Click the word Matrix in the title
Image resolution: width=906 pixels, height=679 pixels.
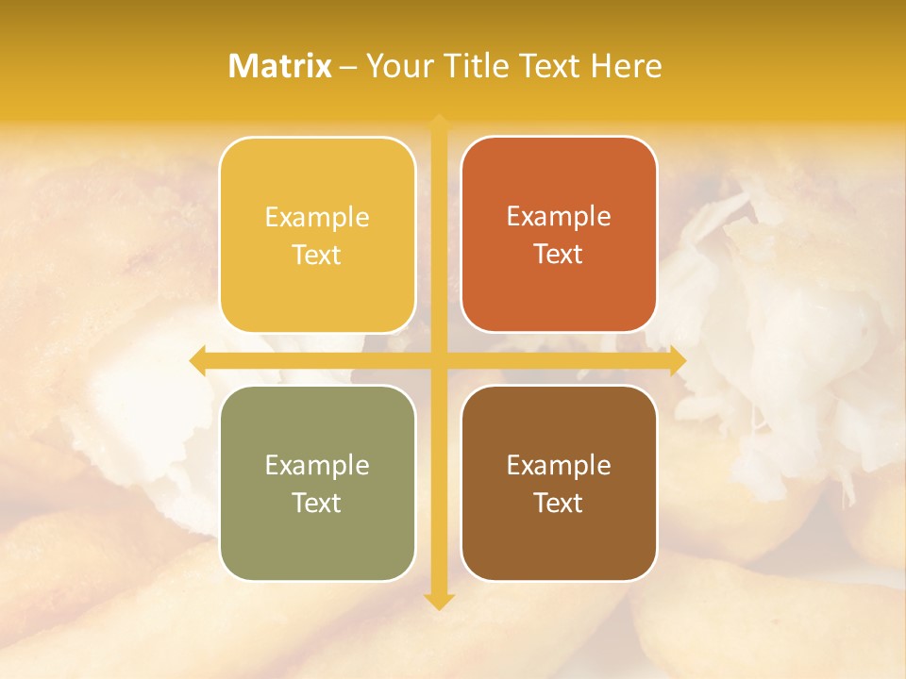(x=280, y=66)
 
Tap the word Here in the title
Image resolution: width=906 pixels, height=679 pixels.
(x=626, y=66)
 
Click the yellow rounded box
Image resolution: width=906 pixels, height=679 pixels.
(x=317, y=235)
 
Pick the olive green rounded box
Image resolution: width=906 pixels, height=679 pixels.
(x=317, y=483)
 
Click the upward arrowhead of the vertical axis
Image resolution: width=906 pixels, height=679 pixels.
(x=439, y=122)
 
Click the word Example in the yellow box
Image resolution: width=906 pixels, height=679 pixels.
(x=317, y=218)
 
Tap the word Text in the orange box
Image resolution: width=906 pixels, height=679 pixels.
(x=559, y=255)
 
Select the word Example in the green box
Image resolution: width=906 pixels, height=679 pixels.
(x=317, y=465)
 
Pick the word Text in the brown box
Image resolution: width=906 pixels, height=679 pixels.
(x=559, y=503)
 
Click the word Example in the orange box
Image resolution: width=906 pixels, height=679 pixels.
(x=559, y=217)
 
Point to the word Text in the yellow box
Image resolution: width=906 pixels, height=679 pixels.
(x=317, y=256)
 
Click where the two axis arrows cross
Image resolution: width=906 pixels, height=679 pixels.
(x=439, y=361)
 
